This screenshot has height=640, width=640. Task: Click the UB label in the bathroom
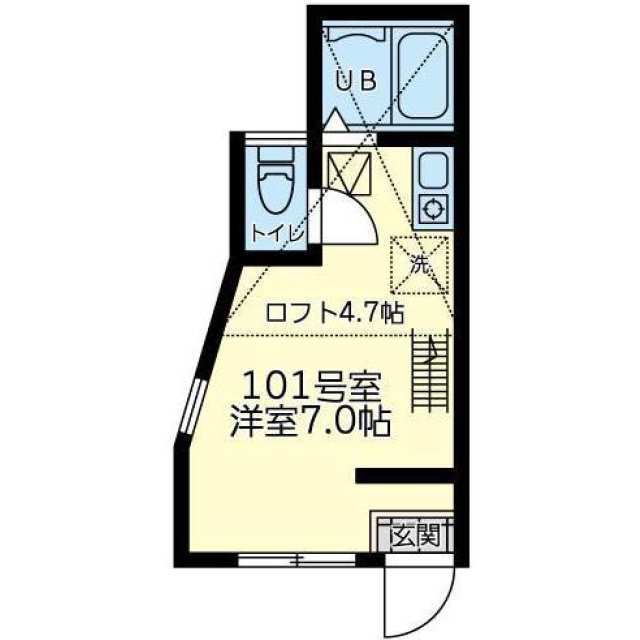pyautogui.click(x=355, y=83)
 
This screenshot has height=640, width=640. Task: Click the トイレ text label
pyautogui.click(x=276, y=235)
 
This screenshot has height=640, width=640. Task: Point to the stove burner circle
pyautogui.click(x=434, y=209)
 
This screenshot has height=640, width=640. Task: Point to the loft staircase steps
pyautogui.click(x=431, y=369)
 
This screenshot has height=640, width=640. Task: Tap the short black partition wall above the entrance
pyautogui.click(x=404, y=477)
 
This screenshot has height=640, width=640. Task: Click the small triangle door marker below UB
pyautogui.click(x=336, y=121)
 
